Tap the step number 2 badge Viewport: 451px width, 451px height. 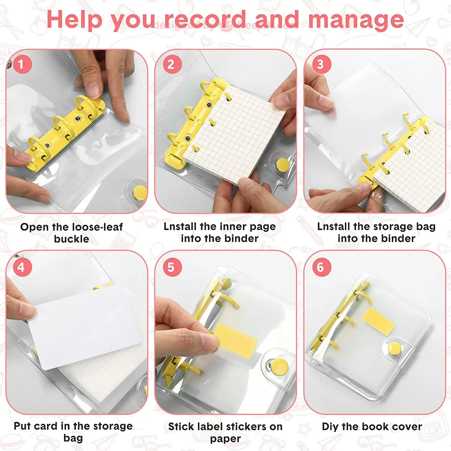coord(171,64)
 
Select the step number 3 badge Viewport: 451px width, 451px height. coord(321,64)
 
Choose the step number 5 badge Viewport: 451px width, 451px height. coord(171,267)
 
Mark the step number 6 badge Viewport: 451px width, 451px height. coord(321,267)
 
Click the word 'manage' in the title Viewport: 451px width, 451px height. coord(356,20)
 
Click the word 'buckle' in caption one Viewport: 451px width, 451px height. coord(72,239)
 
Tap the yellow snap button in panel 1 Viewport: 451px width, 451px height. coord(140,192)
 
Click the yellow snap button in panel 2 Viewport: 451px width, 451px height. coord(283,164)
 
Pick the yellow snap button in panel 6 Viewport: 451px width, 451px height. coord(394,348)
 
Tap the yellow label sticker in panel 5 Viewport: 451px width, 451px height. coord(236,341)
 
